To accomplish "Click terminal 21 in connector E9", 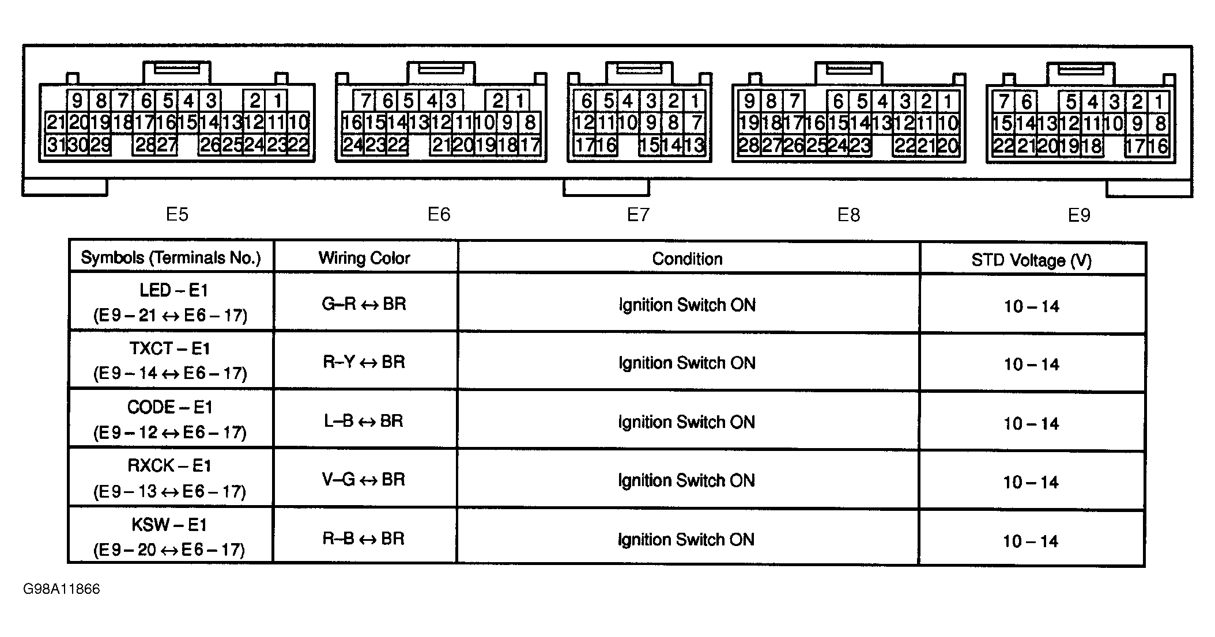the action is [x=1026, y=146].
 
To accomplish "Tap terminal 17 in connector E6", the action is [x=530, y=145].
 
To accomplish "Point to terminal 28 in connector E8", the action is [x=749, y=145].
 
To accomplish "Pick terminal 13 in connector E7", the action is [x=695, y=145].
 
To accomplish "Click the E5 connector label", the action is [x=177, y=214].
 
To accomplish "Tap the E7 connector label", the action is [x=638, y=215].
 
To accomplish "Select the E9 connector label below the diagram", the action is [x=1079, y=215].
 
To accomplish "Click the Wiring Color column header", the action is [x=364, y=258].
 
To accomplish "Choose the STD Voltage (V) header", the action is [x=1032, y=260].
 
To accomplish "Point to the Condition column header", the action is [x=687, y=259].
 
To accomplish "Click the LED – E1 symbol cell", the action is [x=171, y=303].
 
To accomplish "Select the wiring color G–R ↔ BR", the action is [x=364, y=304].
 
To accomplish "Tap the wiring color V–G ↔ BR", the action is [x=364, y=479].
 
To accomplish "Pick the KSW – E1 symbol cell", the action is [x=169, y=537].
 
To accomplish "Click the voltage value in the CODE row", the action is [x=1031, y=424].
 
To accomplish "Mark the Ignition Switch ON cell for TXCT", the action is [x=687, y=363].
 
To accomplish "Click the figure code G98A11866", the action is [x=62, y=589].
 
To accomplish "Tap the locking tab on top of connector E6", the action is [x=441, y=73].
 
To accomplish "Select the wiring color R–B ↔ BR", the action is [x=364, y=539].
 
